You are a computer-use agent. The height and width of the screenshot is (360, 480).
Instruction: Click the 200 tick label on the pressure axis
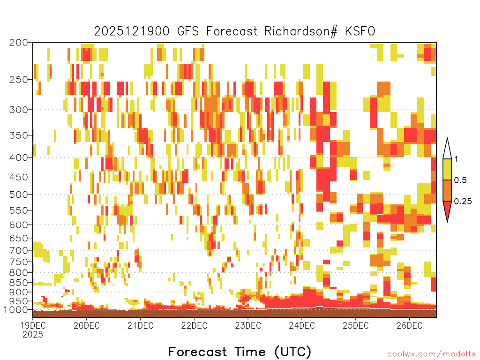(18, 43)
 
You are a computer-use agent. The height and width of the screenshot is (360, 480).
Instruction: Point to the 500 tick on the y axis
(18, 195)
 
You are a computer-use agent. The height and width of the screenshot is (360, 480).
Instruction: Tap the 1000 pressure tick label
(15, 309)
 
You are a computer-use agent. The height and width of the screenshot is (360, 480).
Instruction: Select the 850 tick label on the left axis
(18, 283)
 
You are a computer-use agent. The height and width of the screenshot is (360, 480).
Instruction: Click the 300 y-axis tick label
(18, 110)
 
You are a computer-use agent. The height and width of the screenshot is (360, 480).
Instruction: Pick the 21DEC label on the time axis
(140, 325)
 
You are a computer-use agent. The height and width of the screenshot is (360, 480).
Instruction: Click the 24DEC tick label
(301, 325)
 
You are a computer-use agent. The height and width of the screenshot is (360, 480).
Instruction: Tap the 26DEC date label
(409, 325)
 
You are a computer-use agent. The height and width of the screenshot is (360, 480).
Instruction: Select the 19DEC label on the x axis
(33, 325)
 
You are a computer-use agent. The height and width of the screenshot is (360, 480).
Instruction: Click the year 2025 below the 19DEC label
(33, 335)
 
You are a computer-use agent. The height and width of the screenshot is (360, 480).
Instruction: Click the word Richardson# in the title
(300, 31)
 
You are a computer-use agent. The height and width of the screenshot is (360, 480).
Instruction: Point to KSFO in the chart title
(360, 31)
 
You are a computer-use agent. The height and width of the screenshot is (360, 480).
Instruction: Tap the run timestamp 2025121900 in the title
(132, 31)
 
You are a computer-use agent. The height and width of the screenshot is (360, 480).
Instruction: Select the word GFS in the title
(188, 31)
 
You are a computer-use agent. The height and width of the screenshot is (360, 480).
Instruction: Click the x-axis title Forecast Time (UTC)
(240, 352)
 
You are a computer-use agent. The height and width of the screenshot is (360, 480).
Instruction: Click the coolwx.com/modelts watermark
(431, 354)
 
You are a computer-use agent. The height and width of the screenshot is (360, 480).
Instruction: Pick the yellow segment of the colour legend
(447, 169)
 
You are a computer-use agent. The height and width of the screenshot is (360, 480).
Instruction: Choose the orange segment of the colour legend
(447, 190)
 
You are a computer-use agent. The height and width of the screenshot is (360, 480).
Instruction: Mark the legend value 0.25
(463, 202)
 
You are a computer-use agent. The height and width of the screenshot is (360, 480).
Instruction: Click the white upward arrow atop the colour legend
(447, 149)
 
